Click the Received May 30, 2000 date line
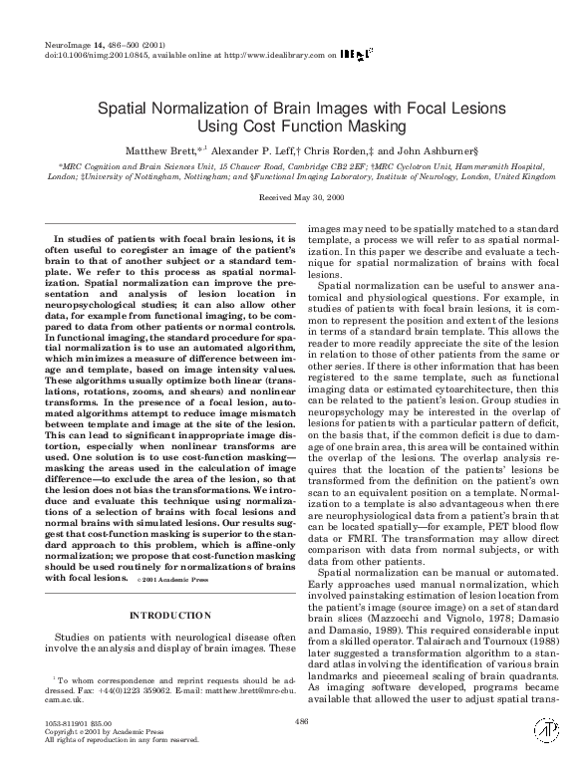292,198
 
